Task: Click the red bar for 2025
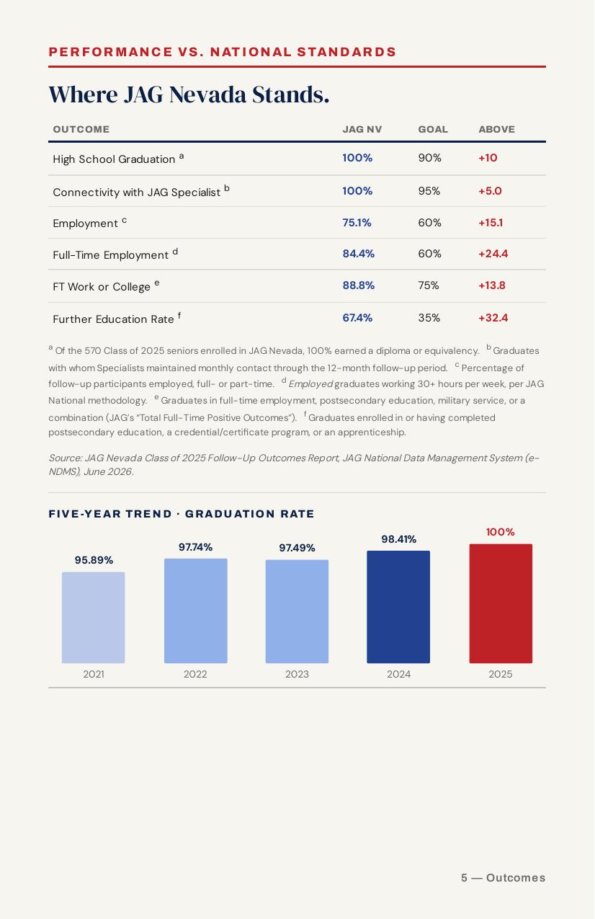tap(501, 603)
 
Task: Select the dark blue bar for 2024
tap(398, 607)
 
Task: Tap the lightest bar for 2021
tap(94, 618)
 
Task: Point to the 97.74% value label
tap(196, 547)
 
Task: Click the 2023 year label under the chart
tap(297, 674)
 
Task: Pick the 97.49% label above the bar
tap(297, 548)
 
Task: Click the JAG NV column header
tap(362, 129)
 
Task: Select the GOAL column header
tap(433, 129)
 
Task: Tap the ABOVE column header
tap(496, 129)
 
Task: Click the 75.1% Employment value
tap(357, 223)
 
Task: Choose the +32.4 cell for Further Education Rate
tap(493, 318)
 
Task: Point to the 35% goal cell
tap(429, 318)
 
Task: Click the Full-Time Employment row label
tap(111, 254)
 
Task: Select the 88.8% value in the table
tap(359, 285)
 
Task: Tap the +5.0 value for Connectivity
tap(490, 191)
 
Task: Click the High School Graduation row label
tap(114, 159)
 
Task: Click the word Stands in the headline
tap(290, 94)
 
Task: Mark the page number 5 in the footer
tap(464, 878)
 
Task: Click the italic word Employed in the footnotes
tap(310, 384)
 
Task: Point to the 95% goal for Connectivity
tap(429, 191)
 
